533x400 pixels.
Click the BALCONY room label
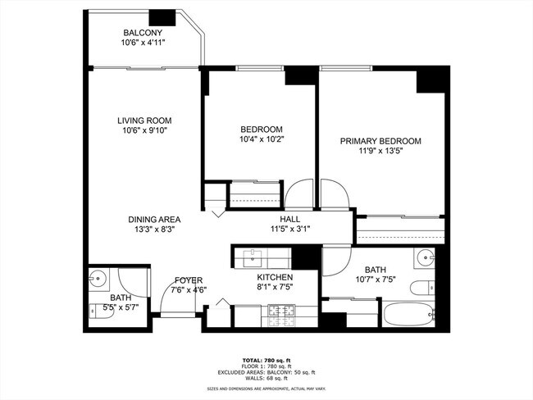click(141, 34)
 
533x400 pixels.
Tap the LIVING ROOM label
click(143, 120)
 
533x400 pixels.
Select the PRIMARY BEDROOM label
click(380, 141)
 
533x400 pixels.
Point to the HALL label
click(290, 220)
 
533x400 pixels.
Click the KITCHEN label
click(275, 278)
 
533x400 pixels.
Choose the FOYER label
click(189, 280)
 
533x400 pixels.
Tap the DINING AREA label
click(154, 220)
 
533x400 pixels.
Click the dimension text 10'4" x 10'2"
click(262, 139)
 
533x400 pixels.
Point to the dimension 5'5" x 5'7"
click(120, 307)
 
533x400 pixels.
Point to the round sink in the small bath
click(99, 277)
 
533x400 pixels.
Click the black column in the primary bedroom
click(430, 80)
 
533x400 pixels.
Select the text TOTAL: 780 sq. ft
click(266, 360)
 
